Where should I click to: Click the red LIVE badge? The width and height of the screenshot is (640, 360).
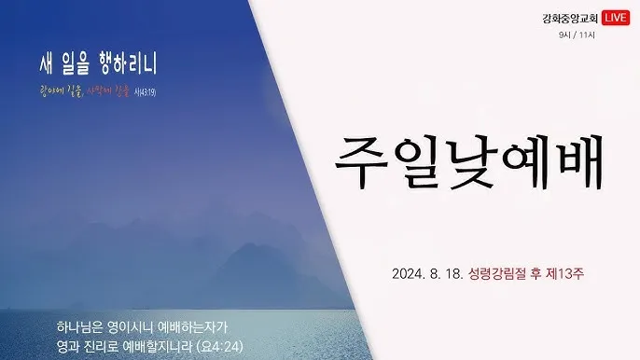(x=616, y=17)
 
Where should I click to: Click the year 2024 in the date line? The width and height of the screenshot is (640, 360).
(x=409, y=274)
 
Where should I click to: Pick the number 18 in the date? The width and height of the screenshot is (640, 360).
(x=453, y=274)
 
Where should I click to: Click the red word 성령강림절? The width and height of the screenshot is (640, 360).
(x=497, y=274)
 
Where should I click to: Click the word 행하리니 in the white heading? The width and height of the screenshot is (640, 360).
(x=127, y=64)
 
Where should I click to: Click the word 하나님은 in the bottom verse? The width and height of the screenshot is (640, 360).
(x=78, y=326)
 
